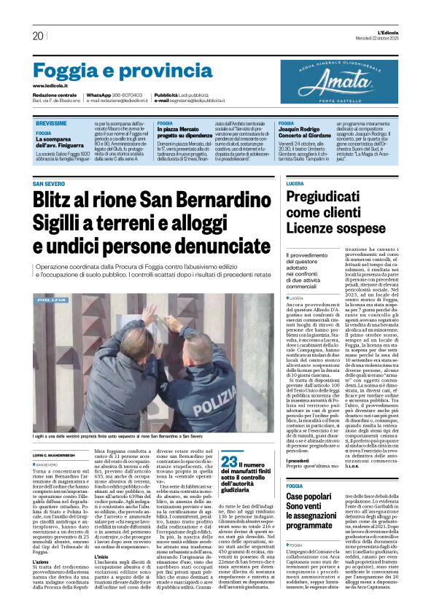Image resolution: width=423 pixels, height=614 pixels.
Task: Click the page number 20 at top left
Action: tap(37, 36)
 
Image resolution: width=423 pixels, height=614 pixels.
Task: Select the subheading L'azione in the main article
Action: tap(41, 542)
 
